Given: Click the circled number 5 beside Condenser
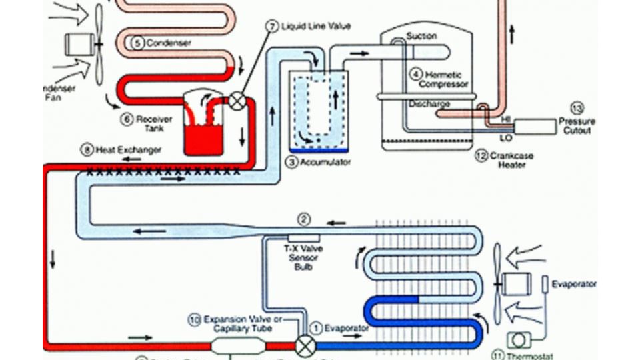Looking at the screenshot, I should click(138, 43).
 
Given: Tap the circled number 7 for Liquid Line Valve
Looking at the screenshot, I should click(272, 26).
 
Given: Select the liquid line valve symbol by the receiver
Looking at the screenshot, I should click(237, 102).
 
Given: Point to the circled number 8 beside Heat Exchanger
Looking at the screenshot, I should click(87, 150).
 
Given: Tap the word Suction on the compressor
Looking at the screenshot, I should click(421, 36).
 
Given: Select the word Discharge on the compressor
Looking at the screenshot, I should click(429, 104).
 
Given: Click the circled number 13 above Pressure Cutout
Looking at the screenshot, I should click(577, 108).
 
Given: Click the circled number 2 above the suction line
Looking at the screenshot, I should click(303, 219).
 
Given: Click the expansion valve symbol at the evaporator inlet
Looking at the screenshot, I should click(306, 346).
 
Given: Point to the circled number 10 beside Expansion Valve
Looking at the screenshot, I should click(194, 320).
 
